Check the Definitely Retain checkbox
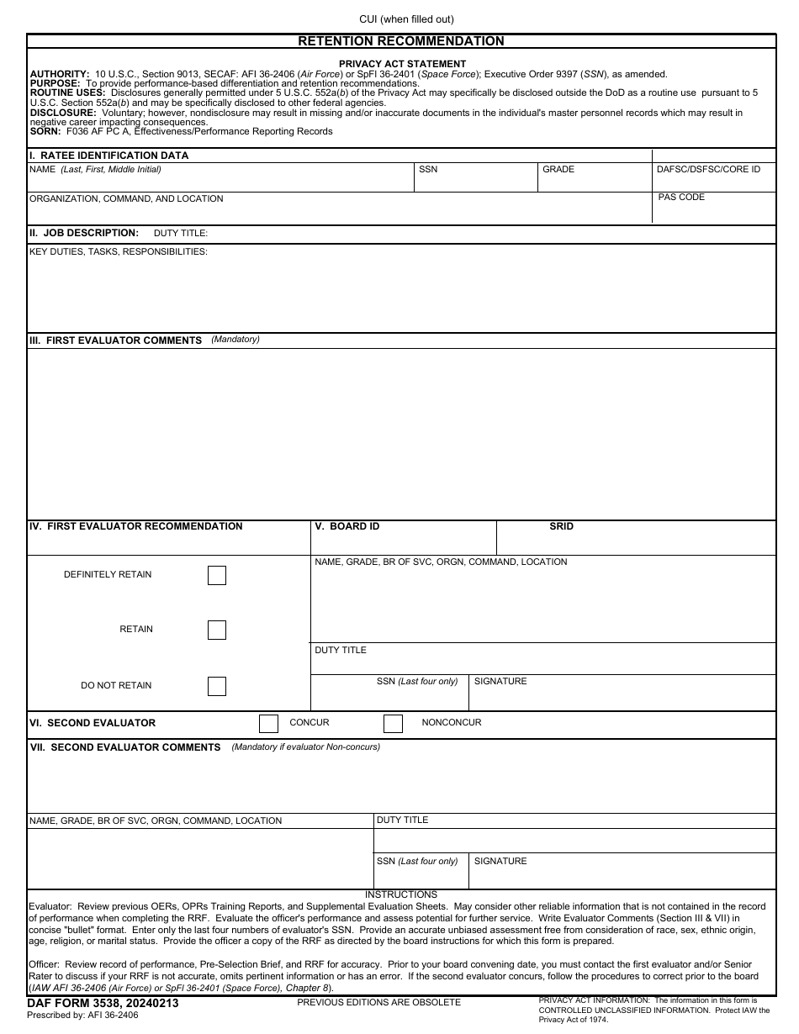(217, 576)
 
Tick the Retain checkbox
(217, 630)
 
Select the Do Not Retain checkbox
(217, 686)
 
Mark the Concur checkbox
(268, 723)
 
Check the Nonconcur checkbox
(393, 723)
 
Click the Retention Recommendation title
(401, 41)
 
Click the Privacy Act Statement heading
(402, 64)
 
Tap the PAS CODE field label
(681, 198)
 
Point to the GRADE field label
(558, 170)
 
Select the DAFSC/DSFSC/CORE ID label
(708, 170)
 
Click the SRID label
(561, 526)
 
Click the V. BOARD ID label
(347, 526)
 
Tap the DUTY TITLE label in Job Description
(180, 234)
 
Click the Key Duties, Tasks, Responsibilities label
(119, 252)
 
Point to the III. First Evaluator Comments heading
(115, 340)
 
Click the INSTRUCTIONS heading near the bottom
(401, 894)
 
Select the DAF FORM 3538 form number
(103, 1003)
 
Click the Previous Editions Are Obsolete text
(378, 1002)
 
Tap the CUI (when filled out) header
(406, 19)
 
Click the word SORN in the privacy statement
(45, 131)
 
